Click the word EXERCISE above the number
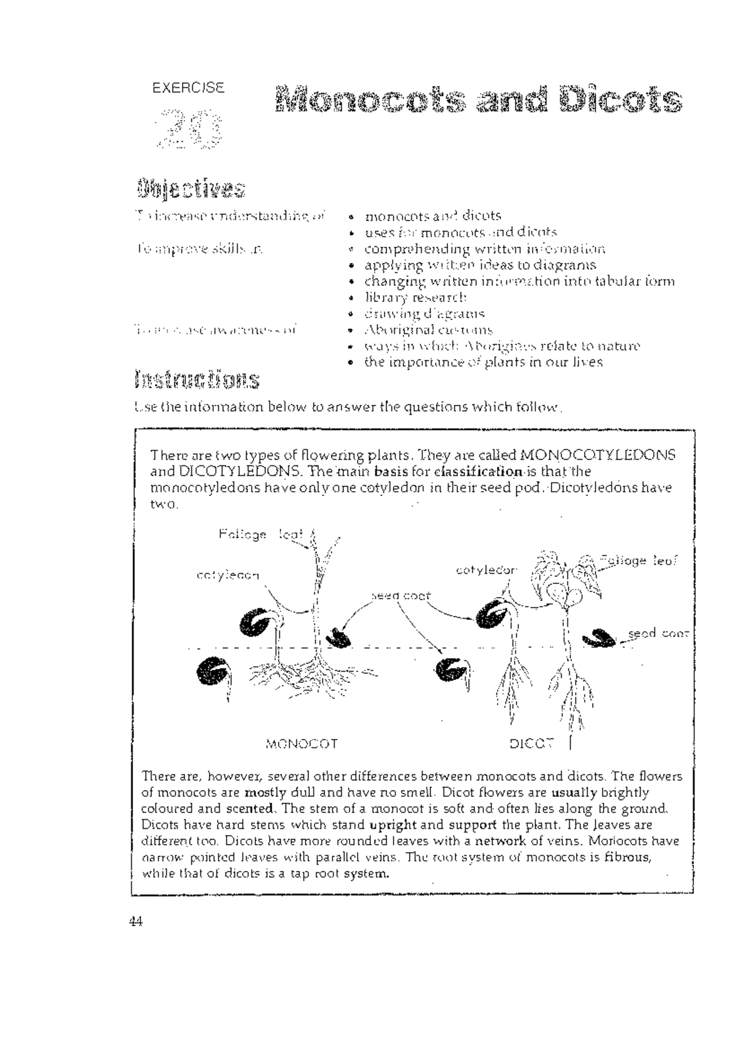[x=188, y=88]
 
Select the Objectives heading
[x=190, y=188]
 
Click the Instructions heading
[x=196, y=380]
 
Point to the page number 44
[x=136, y=922]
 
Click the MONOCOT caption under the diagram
[x=302, y=744]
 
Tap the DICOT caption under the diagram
[x=531, y=744]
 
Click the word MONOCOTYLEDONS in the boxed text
[x=598, y=455]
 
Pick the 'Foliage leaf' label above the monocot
[x=260, y=535]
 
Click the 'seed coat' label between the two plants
[x=400, y=596]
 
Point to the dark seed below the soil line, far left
[x=212, y=672]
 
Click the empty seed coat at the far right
[x=601, y=639]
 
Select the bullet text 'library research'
[x=416, y=297]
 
